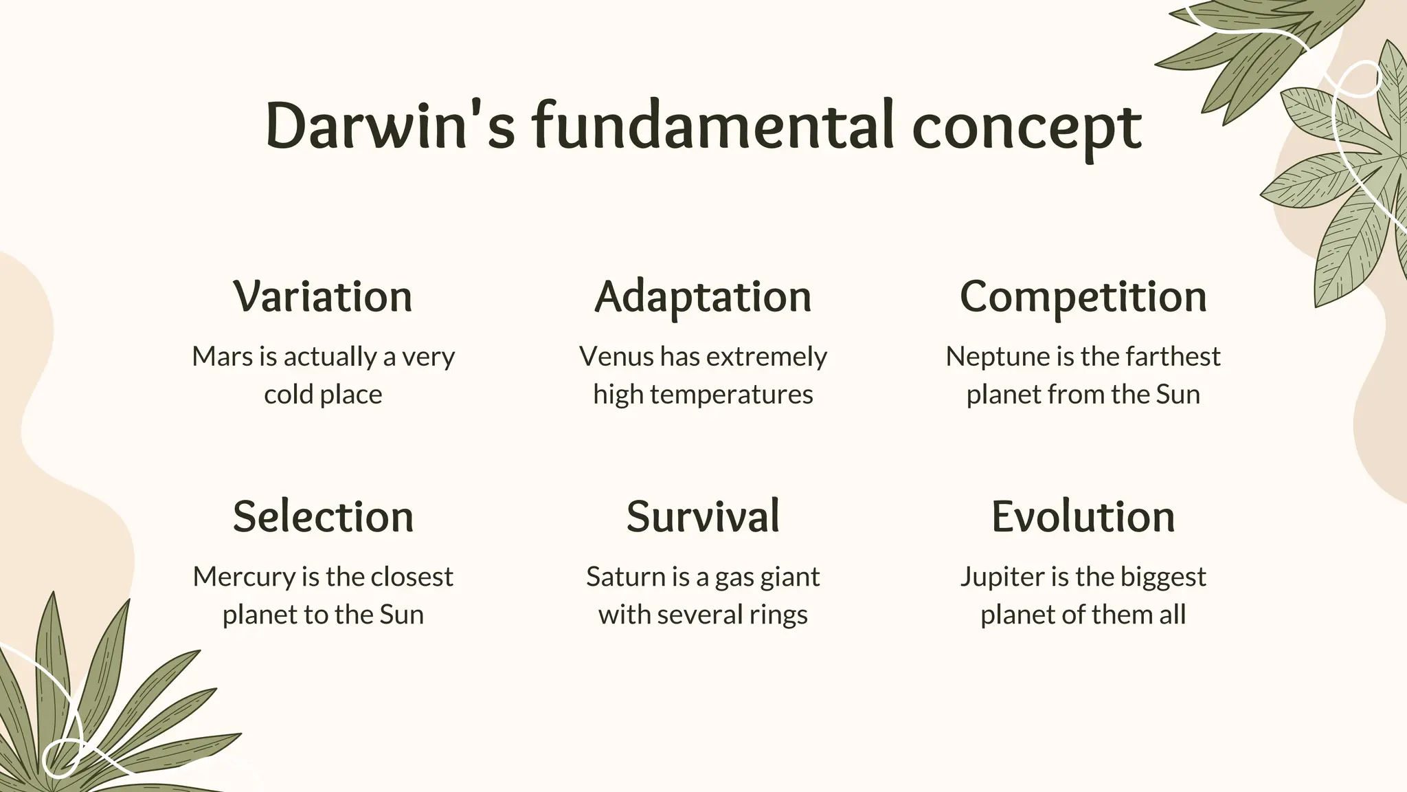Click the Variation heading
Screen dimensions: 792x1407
pyautogui.click(x=323, y=296)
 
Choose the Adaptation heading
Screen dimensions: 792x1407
pyautogui.click(x=703, y=298)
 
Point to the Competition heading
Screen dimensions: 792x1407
pyautogui.click(x=1083, y=298)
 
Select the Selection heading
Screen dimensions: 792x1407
pyautogui.click(x=323, y=516)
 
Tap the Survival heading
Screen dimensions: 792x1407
pyautogui.click(x=703, y=516)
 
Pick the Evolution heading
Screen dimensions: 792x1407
pyautogui.click(x=1083, y=516)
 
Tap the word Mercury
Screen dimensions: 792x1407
pyautogui.click(x=244, y=577)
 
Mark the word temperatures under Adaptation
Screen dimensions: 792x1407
pyautogui.click(x=731, y=395)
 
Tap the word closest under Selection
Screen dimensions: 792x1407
pyautogui.click(x=412, y=577)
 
